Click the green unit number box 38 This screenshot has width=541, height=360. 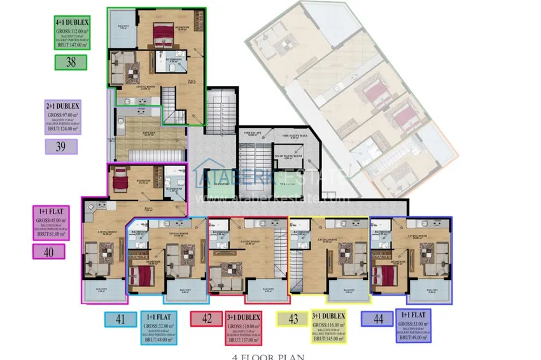(71, 62)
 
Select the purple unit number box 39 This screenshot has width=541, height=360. (61, 147)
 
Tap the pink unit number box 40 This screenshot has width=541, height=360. (48, 251)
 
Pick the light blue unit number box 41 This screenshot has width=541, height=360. (120, 319)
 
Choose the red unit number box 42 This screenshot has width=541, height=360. (206, 319)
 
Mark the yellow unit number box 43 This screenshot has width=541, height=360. (292, 319)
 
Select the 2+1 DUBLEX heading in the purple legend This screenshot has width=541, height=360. (63, 106)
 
